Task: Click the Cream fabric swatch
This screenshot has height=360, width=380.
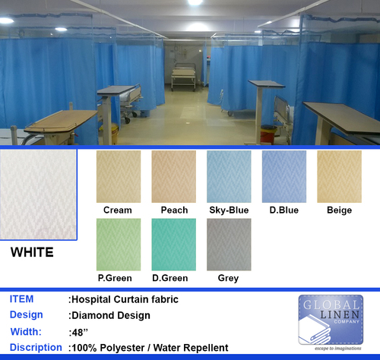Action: (x=119, y=176)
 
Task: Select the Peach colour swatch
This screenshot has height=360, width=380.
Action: (x=173, y=176)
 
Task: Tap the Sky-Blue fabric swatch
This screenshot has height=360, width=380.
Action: (x=229, y=176)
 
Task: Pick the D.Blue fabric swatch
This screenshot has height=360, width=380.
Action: (x=284, y=176)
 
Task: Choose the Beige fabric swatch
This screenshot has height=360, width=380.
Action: (x=339, y=176)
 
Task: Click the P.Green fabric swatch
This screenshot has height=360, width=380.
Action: (x=119, y=245)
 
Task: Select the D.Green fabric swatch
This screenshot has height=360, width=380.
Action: (x=173, y=245)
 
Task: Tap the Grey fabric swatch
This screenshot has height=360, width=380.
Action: (x=229, y=245)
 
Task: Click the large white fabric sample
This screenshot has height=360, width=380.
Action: (x=38, y=194)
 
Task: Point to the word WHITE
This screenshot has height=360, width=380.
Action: (x=32, y=252)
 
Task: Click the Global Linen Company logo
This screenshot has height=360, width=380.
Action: (x=331, y=320)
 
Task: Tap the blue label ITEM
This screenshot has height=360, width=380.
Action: (x=21, y=299)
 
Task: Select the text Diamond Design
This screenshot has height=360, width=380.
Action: (x=111, y=315)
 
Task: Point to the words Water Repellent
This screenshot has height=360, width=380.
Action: (x=191, y=348)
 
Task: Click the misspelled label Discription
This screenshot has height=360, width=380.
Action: (x=36, y=347)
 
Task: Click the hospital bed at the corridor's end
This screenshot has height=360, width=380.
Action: (x=183, y=77)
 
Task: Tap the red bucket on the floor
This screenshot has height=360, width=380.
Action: (x=268, y=134)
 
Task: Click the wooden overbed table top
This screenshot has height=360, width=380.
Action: (x=61, y=122)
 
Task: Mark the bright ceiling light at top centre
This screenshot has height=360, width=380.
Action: (x=195, y=2)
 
